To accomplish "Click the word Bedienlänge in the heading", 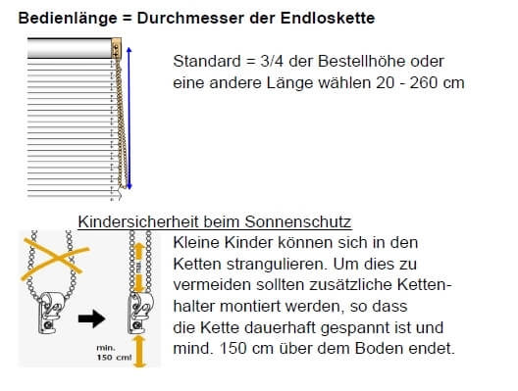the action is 68,19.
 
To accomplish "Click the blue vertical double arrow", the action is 129,119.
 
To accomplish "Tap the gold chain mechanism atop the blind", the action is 117,48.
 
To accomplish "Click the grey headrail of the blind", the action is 70,48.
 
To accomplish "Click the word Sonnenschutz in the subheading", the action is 297,221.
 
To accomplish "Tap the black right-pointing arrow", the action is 92,318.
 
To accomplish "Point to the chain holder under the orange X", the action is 50,313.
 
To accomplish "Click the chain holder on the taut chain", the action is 140,313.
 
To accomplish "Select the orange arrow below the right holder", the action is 139,351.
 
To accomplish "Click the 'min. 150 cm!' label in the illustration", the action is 114,353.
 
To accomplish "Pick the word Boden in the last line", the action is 380,349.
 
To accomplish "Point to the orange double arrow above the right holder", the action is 140,268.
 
